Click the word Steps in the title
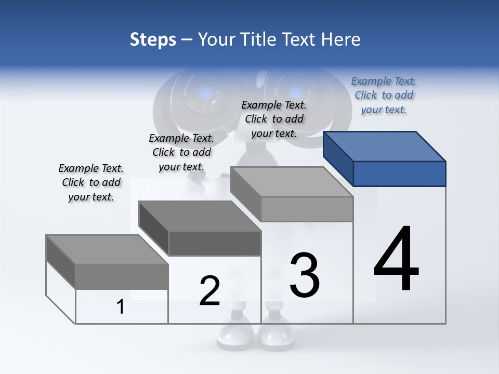point(153,39)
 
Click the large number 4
point(396,260)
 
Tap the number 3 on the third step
point(305,275)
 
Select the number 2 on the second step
point(210,291)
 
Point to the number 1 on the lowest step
point(121,307)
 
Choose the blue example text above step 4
point(384,95)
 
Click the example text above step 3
point(274,119)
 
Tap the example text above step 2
point(181,152)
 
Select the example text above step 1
point(91,182)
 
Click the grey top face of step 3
point(291,182)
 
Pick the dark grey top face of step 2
point(199,216)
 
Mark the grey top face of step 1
point(107,249)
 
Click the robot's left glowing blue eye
point(206,94)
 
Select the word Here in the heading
point(342,39)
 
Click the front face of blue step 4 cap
point(399,173)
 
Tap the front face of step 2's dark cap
point(215,244)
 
